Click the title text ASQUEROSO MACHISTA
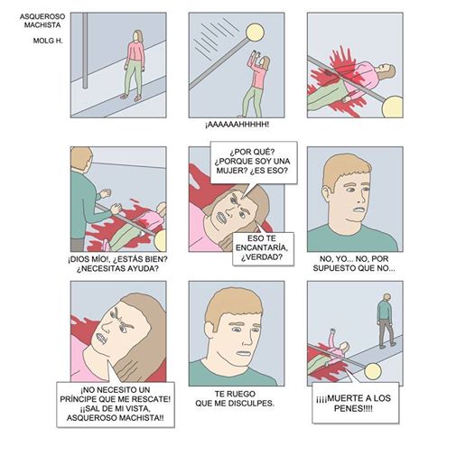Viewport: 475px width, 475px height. click(x=42, y=21)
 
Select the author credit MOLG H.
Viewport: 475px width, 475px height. click(x=48, y=41)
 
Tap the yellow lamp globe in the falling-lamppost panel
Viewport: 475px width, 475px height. click(x=255, y=33)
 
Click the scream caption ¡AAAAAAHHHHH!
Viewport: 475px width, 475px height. click(x=237, y=125)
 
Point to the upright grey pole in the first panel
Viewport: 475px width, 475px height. click(x=85, y=51)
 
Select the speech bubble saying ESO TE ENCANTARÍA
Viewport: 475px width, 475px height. click(x=263, y=248)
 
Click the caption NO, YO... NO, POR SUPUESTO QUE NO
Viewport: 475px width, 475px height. click(x=354, y=264)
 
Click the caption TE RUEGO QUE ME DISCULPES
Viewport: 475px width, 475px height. click(x=235, y=398)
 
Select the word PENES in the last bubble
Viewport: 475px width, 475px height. click(x=349, y=408)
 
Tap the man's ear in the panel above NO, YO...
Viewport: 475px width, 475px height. click(x=327, y=193)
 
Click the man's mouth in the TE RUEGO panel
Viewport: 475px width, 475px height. click(x=244, y=353)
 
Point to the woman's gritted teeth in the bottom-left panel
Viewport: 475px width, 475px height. click(x=101, y=338)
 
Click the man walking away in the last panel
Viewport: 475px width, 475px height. click(x=386, y=321)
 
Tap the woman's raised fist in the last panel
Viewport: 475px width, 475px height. click(x=332, y=331)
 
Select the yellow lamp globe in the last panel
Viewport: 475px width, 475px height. click(x=373, y=372)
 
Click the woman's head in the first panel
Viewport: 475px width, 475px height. click(x=138, y=36)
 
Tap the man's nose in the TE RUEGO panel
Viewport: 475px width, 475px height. click(x=247, y=340)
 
